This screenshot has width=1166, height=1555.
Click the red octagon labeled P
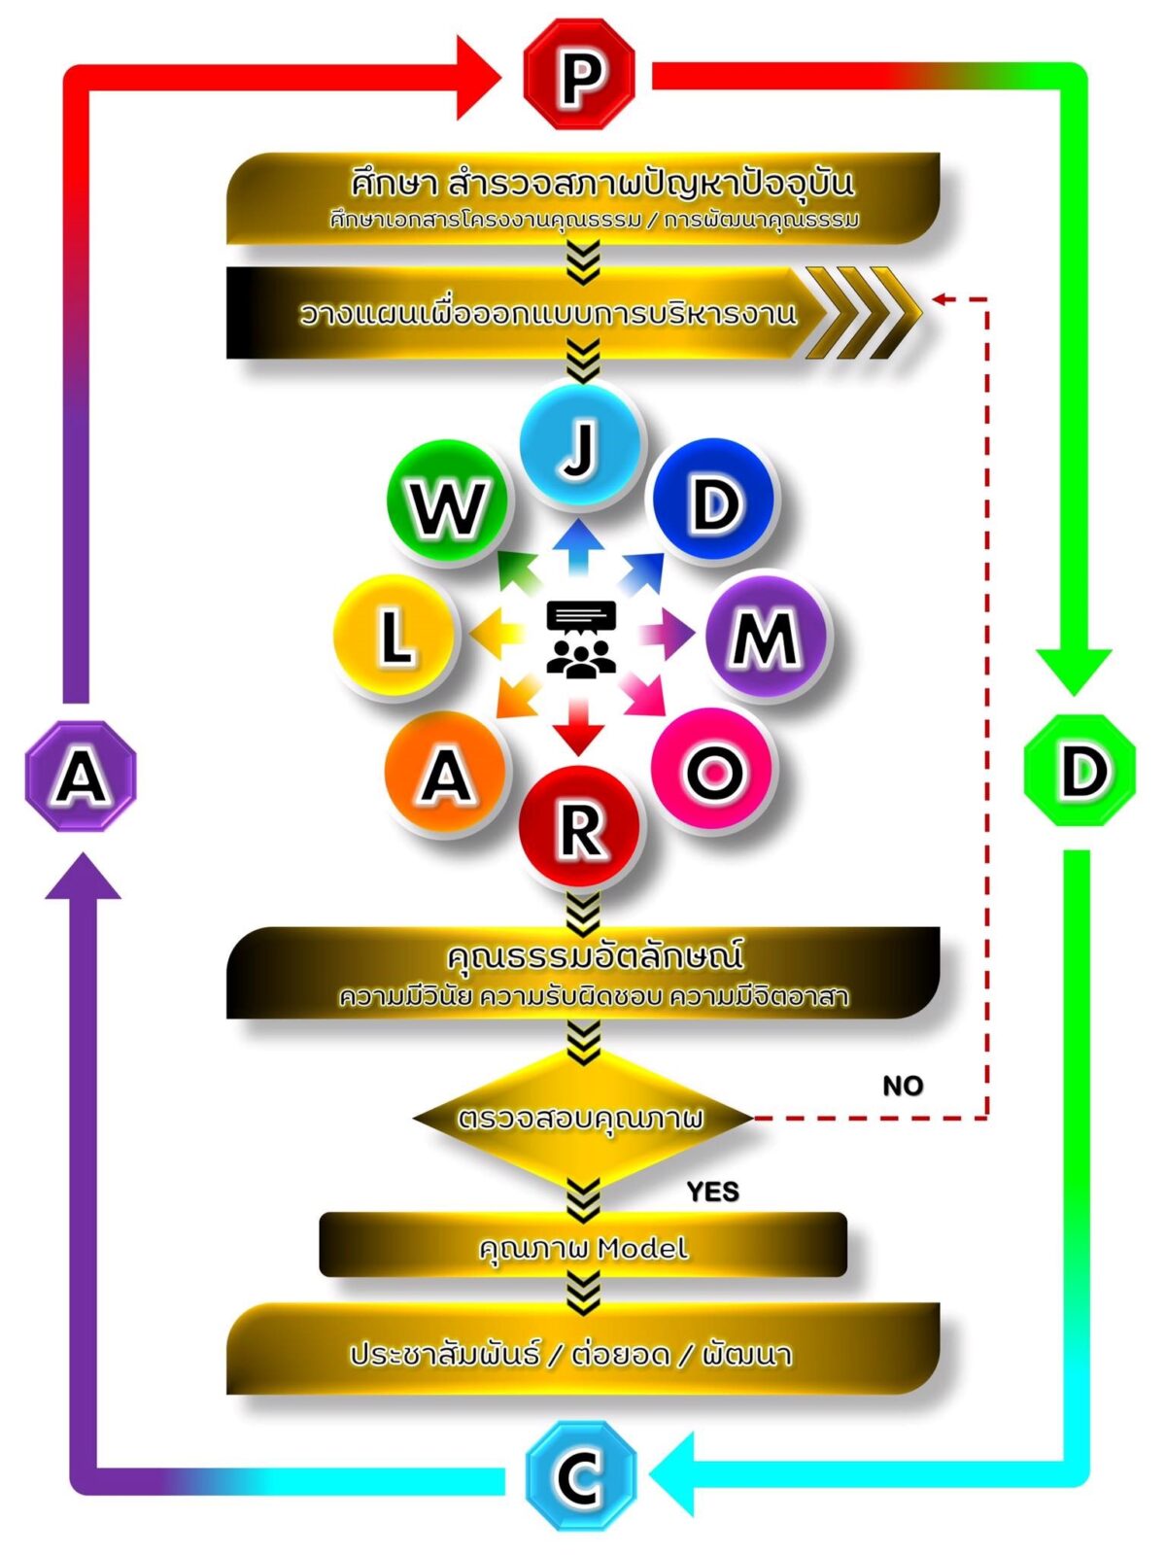[579, 75]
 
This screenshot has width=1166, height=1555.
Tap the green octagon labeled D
[1080, 771]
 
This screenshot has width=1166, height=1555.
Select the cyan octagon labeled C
[580, 1474]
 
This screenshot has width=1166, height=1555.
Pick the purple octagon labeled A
[81, 776]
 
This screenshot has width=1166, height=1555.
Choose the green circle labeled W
[448, 502]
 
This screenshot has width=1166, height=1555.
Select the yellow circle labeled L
[394, 636]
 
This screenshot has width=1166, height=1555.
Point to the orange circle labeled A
[446, 774]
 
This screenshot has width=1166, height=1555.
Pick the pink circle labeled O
[714, 770]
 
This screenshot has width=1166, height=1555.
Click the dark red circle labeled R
[580, 828]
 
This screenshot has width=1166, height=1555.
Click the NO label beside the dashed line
[903, 1086]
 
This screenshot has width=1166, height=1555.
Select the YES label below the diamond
[712, 1192]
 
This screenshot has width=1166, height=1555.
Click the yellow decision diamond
[581, 1119]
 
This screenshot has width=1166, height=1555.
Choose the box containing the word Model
[583, 1246]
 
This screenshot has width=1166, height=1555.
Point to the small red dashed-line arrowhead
[940, 299]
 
